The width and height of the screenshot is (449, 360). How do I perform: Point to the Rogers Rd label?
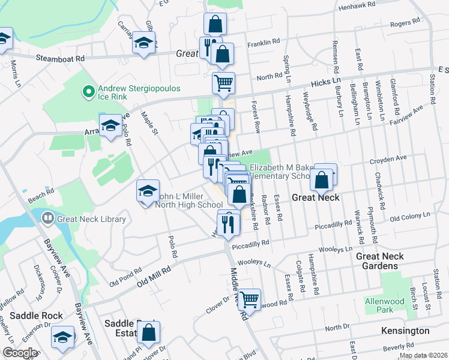(404, 23)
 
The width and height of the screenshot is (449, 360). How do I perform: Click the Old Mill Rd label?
(154, 271)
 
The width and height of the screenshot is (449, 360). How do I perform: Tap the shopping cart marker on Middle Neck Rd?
(249, 298)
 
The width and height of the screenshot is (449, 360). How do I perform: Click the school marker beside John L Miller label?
(148, 191)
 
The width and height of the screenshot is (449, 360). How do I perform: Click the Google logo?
(20, 353)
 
